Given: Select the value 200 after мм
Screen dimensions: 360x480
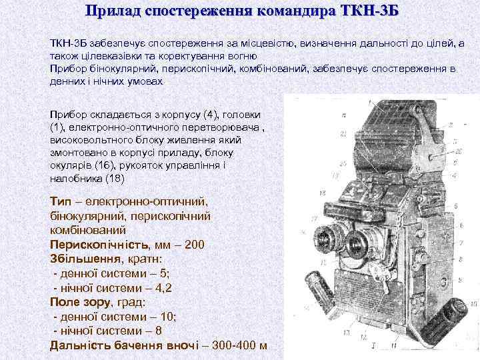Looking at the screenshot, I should [194, 245].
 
